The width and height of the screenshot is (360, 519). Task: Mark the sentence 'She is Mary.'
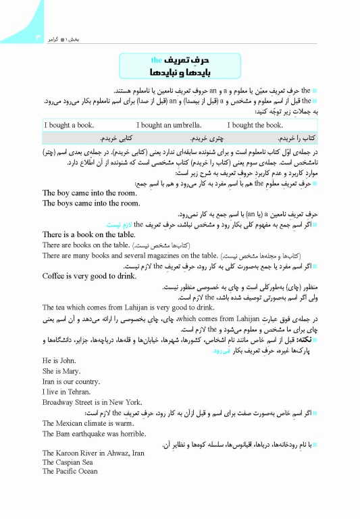point(61,371)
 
